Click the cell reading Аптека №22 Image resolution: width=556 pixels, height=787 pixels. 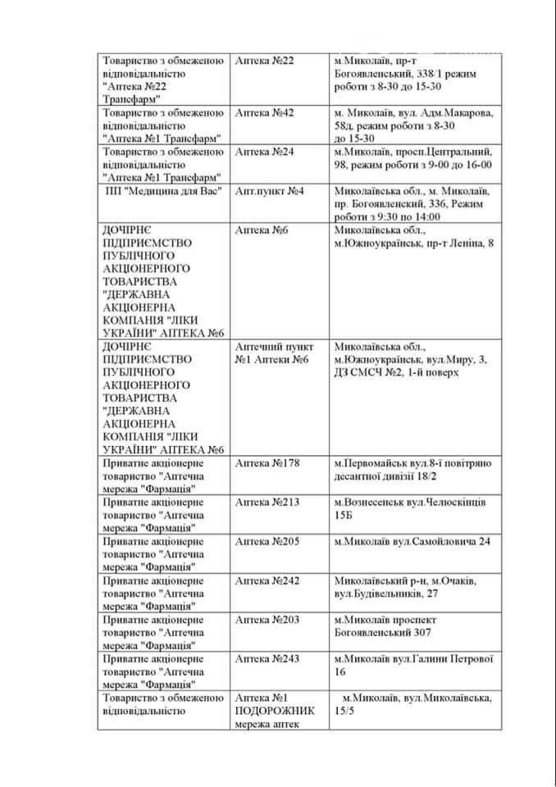point(264,61)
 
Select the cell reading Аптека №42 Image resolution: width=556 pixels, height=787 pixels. point(264,112)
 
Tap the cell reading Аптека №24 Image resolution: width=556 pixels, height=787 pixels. point(264,152)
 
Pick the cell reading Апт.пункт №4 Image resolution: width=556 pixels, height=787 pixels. point(270,191)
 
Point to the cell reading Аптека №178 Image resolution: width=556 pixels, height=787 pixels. point(267,463)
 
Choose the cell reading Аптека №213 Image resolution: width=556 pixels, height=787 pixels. point(267,503)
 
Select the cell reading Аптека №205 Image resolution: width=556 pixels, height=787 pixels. point(267,542)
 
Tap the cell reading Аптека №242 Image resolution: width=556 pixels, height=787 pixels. point(267,581)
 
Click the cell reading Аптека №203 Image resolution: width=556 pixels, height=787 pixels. point(267,621)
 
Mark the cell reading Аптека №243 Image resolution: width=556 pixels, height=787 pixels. point(267,660)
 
